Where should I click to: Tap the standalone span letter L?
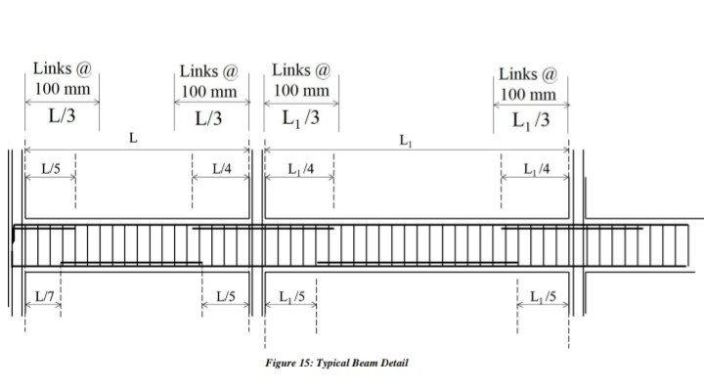[134, 139]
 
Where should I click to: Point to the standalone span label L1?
[405, 139]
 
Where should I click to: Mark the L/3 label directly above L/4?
[208, 119]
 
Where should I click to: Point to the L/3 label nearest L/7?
[62, 115]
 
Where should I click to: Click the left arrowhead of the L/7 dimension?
[27, 304]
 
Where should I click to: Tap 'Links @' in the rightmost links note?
[528, 73]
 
